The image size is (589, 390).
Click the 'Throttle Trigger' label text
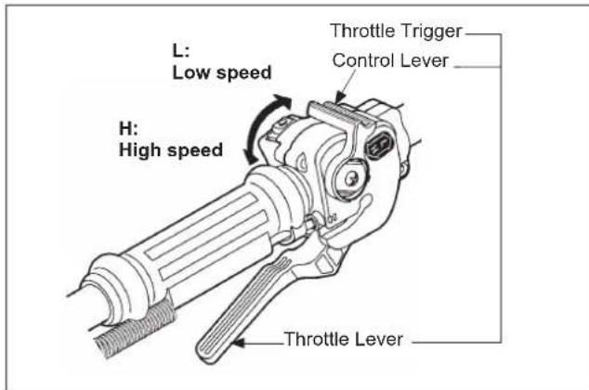click(x=398, y=30)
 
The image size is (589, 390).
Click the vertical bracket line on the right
click(x=503, y=186)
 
